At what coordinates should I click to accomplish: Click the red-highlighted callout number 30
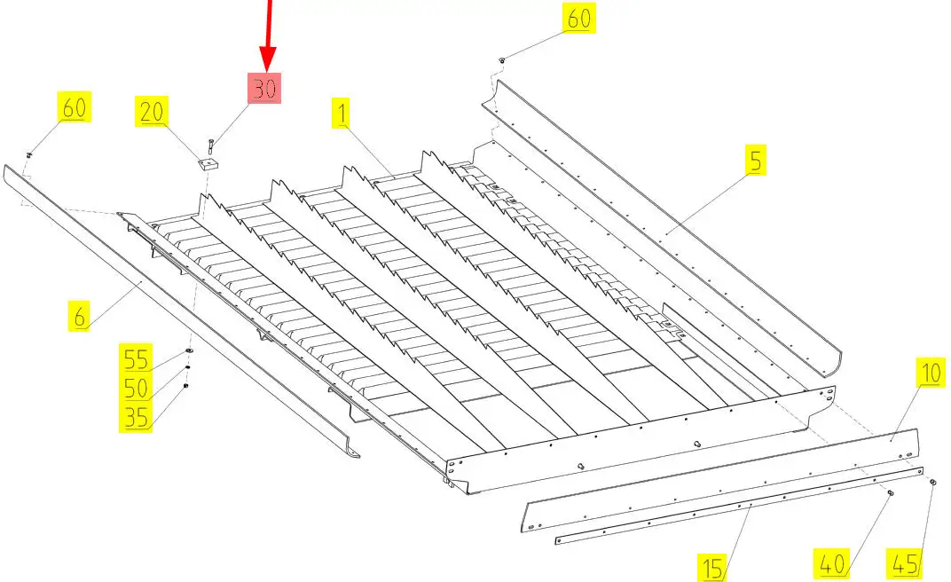click(264, 89)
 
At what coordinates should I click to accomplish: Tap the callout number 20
click(152, 112)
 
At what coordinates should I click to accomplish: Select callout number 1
click(342, 114)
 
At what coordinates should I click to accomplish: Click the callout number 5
click(755, 160)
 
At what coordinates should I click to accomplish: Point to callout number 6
click(80, 317)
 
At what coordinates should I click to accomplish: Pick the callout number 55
click(136, 359)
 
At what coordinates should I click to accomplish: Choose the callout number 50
click(136, 388)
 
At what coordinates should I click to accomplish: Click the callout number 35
click(136, 417)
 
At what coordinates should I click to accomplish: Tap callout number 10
click(931, 373)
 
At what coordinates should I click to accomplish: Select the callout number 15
click(712, 568)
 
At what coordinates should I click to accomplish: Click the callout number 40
click(831, 564)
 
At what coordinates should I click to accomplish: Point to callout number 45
click(904, 564)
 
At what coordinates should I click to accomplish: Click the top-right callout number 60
click(578, 18)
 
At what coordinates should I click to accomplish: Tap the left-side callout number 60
click(74, 107)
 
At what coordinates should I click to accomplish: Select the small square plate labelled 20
click(208, 163)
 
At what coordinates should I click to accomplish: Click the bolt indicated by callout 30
click(210, 147)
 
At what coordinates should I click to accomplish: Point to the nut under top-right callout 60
click(502, 60)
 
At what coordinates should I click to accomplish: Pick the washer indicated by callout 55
click(189, 351)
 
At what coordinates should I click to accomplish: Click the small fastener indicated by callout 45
click(932, 482)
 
